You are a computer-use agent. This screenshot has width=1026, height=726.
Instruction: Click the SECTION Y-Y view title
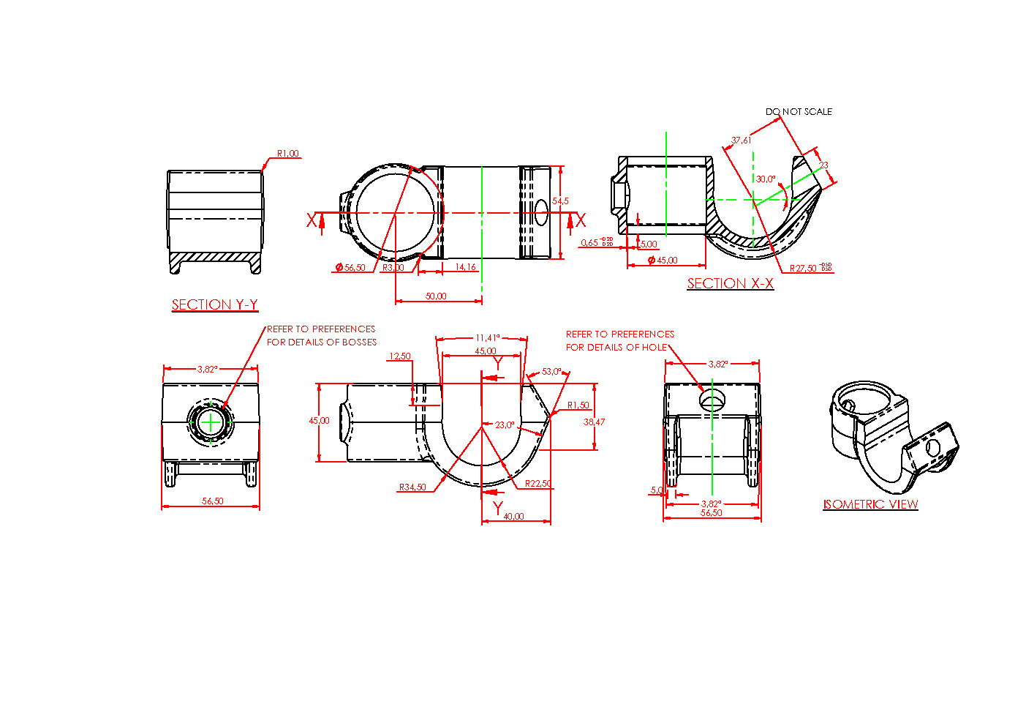[x=214, y=305]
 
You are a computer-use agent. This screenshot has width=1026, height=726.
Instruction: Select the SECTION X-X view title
[x=730, y=284]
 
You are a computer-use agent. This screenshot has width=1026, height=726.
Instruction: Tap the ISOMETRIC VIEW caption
[x=870, y=504]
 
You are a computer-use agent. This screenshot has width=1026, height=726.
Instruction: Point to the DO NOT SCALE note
[x=799, y=112]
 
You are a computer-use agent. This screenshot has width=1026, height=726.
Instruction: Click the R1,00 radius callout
[x=287, y=154]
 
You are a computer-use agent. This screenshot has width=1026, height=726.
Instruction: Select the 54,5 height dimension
[x=560, y=201]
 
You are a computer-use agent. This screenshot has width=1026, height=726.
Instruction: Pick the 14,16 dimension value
[x=465, y=267]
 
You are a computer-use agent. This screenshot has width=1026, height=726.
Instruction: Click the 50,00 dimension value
[x=436, y=296]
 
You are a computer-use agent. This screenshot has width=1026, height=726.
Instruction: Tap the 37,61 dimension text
[x=741, y=140]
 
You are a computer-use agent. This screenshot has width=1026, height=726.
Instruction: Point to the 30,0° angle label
[x=766, y=179]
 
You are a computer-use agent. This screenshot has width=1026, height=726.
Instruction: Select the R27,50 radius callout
[x=803, y=269]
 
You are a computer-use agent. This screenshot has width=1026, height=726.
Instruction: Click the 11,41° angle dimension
[x=487, y=338]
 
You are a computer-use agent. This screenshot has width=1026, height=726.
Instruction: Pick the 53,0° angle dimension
[x=552, y=372]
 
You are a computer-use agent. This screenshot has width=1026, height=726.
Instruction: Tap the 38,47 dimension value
[x=594, y=422]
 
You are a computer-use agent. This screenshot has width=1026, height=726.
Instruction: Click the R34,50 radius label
[x=412, y=487]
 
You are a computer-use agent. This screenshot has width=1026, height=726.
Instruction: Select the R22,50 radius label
[x=538, y=484]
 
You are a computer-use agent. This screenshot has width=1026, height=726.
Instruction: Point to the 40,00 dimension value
[x=513, y=517]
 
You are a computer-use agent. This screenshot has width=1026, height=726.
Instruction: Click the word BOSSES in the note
[x=359, y=343]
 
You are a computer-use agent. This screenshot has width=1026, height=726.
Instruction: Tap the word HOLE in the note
[x=655, y=348]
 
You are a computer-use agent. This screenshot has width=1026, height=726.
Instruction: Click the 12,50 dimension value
[x=399, y=356]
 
